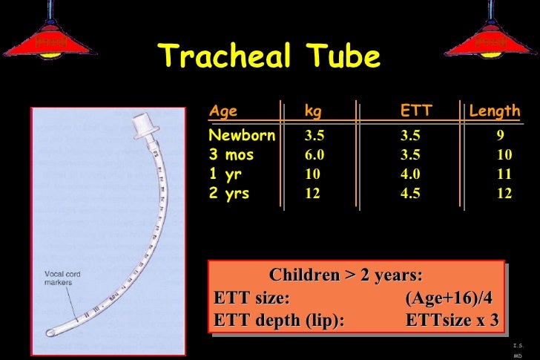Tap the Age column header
[x=223, y=111]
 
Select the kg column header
[x=313, y=111]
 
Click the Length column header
[x=494, y=111]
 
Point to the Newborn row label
[x=242, y=136]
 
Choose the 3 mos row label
[x=231, y=155]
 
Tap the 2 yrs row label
[x=229, y=194]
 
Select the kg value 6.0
[x=315, y=155]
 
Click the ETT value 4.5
[x=410, y=194]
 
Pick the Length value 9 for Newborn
[x=501, y=136]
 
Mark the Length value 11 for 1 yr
[x=504, y=174]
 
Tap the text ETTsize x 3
[x=452, y=320]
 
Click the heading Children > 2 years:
[x=346, y=275]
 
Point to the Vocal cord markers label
[x=63, y=278]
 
